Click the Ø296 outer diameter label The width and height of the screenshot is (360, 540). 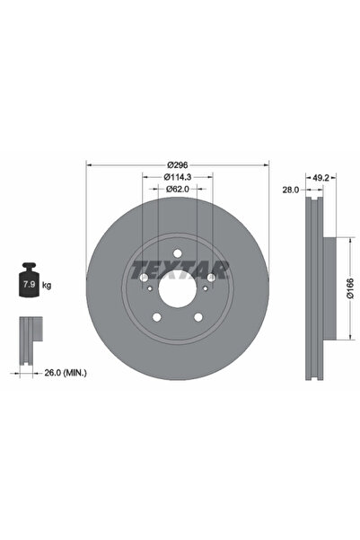[177, 164]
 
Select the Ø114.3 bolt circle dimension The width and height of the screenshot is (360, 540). [177, 178]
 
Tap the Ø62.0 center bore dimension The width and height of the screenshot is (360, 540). [177, 191]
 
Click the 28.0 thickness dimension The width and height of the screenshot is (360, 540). [290, 191]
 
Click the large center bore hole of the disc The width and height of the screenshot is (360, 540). [177, 290]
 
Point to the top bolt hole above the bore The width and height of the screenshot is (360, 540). [177, 252]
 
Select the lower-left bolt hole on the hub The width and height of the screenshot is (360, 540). [156, 316]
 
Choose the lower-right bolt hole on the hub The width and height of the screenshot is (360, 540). [198, 316]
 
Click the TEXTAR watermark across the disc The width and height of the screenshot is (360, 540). [180, 268]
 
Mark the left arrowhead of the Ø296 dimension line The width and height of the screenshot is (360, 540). [88, 164]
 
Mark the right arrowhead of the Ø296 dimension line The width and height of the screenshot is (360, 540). [266, 164]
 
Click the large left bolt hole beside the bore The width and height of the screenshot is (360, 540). [144, 278]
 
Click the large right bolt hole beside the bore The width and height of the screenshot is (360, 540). [211, 278]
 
